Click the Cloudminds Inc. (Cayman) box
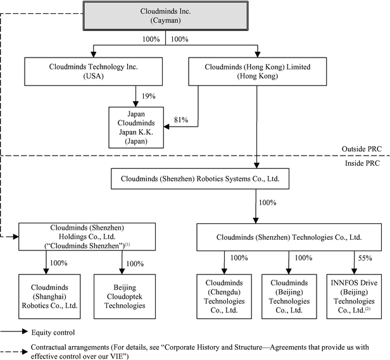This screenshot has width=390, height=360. point(165,16)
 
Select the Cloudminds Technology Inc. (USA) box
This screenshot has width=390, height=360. point(93,71)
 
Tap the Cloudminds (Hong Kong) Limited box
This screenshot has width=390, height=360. point(258,71)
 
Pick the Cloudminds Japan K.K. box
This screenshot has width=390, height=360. point(136,128)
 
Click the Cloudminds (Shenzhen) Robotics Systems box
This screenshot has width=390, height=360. point(200,179)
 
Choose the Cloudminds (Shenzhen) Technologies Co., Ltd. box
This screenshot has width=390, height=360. point(289,237)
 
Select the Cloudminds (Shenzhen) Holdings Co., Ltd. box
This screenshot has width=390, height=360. point(87,237)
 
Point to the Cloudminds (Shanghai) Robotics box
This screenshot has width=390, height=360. point(49,296)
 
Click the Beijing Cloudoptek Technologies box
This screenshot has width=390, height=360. point(125,296)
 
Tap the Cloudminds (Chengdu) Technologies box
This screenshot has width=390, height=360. point(224,296)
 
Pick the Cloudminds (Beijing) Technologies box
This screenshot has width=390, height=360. point(289,296)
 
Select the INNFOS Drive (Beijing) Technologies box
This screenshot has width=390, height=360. point(354,296)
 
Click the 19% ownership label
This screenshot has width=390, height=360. point(149,96)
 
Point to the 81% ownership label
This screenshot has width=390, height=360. point(181,120)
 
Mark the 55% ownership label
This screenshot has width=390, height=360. point(365,258)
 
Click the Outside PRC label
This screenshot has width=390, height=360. point(362,149)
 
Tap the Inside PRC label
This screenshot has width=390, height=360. point(362,163)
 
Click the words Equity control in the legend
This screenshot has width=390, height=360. point(53,332)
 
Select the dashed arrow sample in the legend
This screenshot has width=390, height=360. point(14,352)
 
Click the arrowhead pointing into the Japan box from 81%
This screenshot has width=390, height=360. point(167,127)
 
